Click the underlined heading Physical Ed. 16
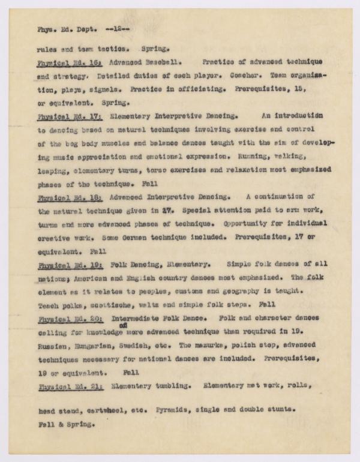[x=69, y=62]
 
